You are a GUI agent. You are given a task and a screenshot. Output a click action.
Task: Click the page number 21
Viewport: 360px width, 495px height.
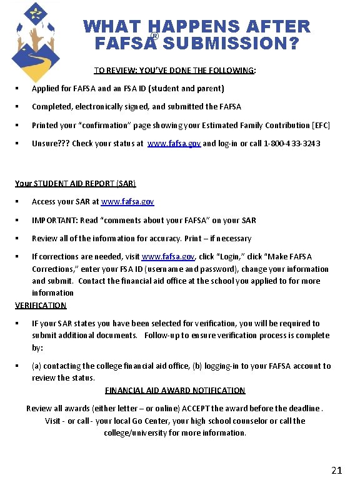pyautogui.click(x=336, y=470)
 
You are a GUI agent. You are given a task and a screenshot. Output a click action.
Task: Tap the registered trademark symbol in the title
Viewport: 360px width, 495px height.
pyautogui.click(x=154, y=37)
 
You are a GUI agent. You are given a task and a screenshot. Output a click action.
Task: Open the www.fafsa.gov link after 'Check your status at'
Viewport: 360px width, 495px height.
pyautogui.click(x=174, y=143)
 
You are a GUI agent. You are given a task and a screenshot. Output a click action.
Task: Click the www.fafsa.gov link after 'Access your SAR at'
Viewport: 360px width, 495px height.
pyautogui.click(x=127, y=202)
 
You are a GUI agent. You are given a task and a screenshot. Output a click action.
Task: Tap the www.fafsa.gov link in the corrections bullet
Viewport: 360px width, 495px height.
pyautogui.click(x=168, y=257)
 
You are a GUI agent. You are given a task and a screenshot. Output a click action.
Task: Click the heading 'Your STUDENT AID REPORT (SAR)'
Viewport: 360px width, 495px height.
pyautogui.click(x=75, y=184)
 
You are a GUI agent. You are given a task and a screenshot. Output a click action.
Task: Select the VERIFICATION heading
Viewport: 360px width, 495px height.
pyautogui.click(x=41, y=305)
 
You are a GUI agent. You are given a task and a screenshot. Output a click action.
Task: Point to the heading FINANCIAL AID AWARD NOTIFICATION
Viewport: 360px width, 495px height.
pyautogui.click(x=175, y=391)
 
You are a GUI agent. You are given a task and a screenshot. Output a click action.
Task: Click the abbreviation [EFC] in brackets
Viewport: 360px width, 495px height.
pyautogui.click(x=319, y=125)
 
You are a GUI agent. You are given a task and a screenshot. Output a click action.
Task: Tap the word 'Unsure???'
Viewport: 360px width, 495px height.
pyautogui.click(x=51, y=143)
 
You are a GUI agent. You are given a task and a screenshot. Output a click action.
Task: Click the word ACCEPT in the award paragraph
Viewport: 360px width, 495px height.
pyautogui.click(x=197, y=409)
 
